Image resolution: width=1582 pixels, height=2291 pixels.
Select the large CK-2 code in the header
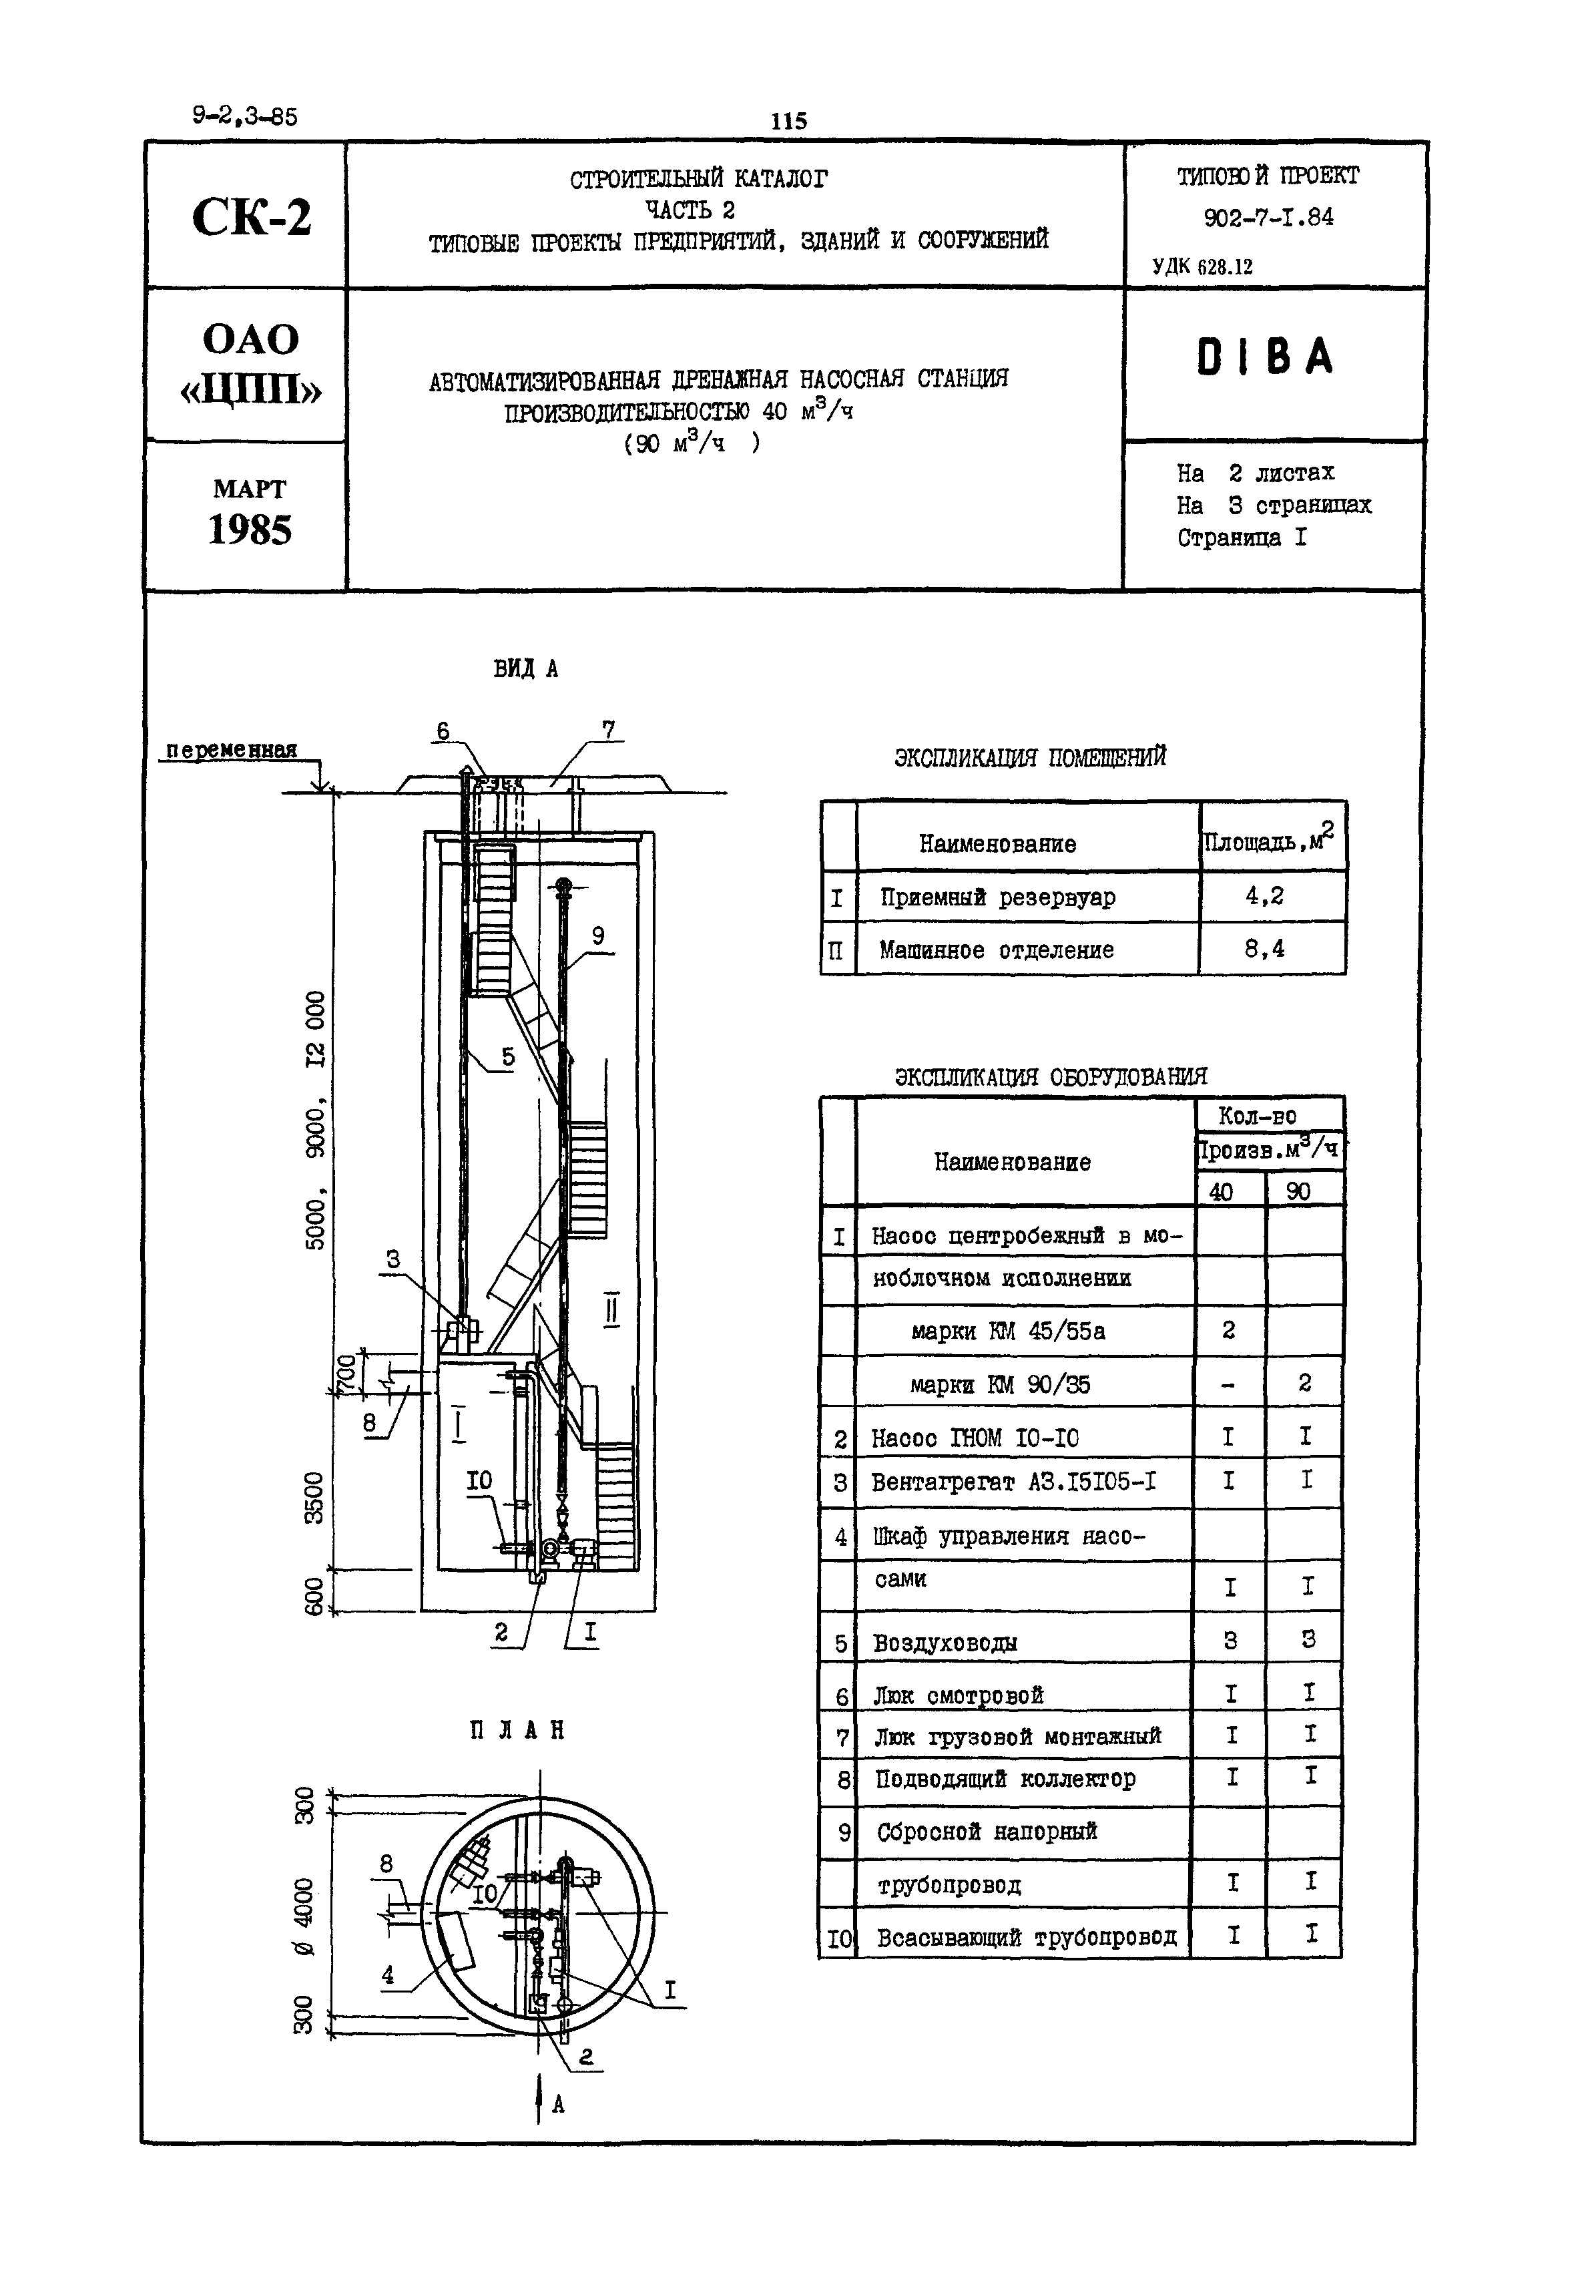(251, 217)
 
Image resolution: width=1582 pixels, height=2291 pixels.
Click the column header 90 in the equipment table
(1298, 1191)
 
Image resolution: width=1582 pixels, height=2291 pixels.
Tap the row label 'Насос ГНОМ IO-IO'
(975, 1438)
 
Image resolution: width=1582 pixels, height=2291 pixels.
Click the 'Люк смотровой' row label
(959, 1695)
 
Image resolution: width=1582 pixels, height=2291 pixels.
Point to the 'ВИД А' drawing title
(525, 669)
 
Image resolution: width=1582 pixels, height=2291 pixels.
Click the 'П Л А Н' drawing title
(517, 1731)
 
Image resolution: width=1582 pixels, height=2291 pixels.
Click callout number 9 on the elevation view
(597, 935)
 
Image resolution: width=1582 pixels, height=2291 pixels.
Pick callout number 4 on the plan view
(388, 1974)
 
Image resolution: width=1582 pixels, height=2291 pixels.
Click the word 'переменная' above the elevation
(231, 749)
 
